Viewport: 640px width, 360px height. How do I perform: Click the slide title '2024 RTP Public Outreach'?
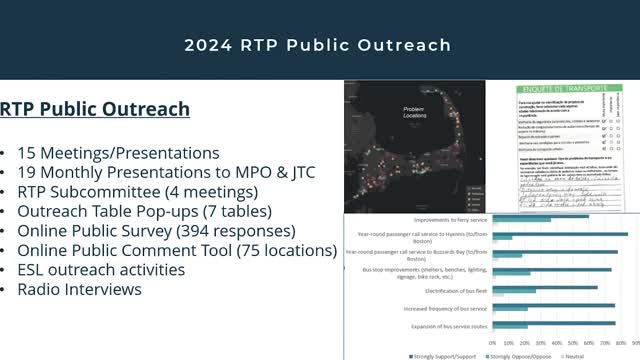(x=318, y=45)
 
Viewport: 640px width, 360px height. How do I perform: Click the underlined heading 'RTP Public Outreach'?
(x=95, y=109)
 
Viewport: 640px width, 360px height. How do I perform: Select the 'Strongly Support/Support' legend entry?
(x=446, y=355)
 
